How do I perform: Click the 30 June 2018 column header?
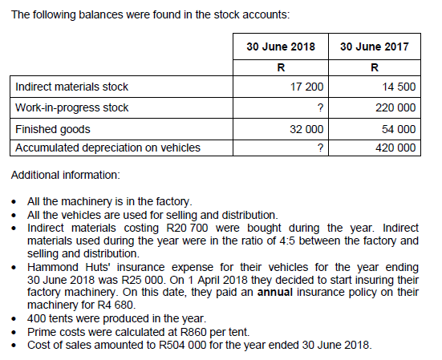coord(280,47)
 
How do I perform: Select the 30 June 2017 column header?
coord(374,47)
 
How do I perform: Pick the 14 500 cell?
coord(399,87)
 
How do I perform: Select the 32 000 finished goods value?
coord(307,128)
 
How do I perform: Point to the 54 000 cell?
coord(399,128)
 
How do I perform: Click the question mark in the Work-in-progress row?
coord(320,107)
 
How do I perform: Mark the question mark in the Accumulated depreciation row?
coord(320,148)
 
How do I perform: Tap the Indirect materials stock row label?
coord(71,87)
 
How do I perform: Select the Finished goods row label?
coord(53,128)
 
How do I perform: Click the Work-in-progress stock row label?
coord(72,107)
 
